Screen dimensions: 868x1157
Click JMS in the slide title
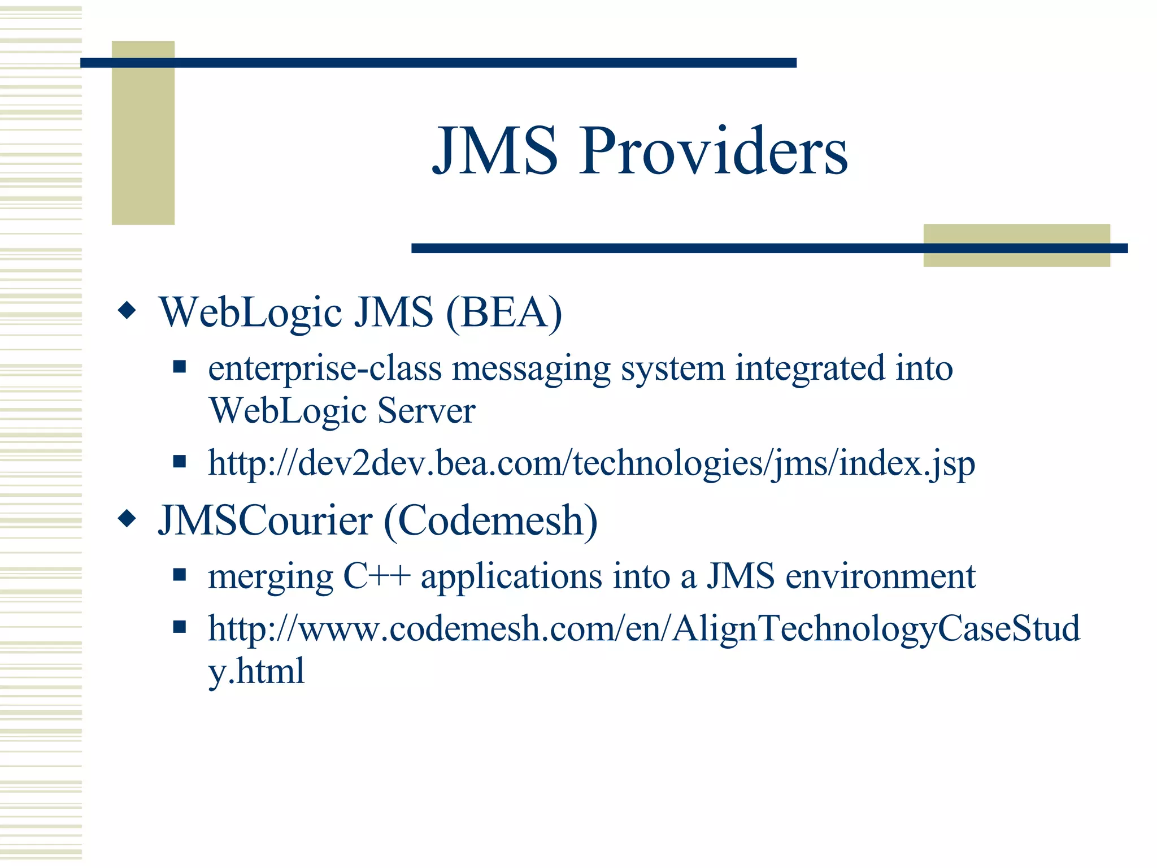click(495, 151)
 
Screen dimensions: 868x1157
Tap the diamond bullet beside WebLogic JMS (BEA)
click(127, 310)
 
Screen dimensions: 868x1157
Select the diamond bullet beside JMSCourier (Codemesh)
click(127, 518)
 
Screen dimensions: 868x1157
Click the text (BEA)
click(504, 312)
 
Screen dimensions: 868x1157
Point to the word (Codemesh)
click(490, 520)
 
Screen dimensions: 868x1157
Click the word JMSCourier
click(266, 520)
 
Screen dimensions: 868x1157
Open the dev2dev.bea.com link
click(591, 463)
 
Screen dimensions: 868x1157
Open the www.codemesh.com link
click(643, 628)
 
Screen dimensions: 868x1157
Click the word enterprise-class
click(325, 369)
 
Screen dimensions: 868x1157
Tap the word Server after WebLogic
click(427, 411)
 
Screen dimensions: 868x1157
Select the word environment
click(880, 577)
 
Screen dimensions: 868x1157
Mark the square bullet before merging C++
click(180, 575)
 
